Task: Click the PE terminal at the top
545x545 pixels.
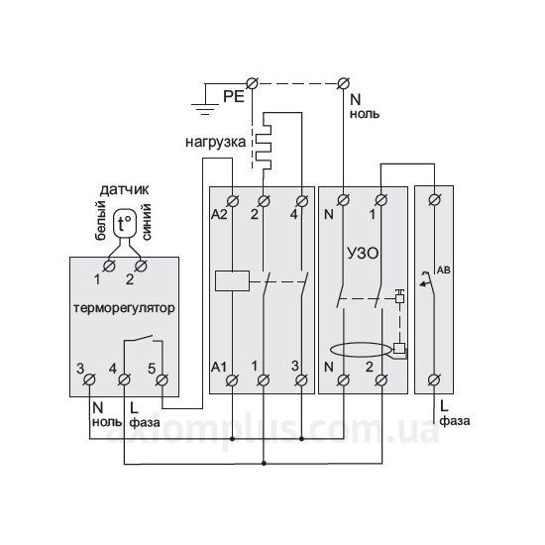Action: pyautogui.click(x=252, y=83)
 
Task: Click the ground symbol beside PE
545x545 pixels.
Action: pyautogui.click(x=205, y=109)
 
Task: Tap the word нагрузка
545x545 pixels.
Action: pyautogui.click(x=215, y=142)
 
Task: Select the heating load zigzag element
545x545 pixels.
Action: pyautogui.click(x=264, y=141)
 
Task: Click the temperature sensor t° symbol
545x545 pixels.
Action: pyautogui.click(x=125, y=224)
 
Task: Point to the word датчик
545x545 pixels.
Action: pyautogui.click(x=124, y=190)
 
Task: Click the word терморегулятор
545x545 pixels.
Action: pyautogui.click(x=124, y=308)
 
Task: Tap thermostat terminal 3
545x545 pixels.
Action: pyautogui.click(x=89, y=380)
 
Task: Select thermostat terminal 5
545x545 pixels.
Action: pyautogui.click(x=162, y=380)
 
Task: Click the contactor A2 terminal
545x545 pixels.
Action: pyautogui.click(x=232, y=201)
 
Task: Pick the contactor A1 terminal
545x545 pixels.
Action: pyautogui.click(x=232, y=381)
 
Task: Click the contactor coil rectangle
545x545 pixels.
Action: pyautogui.click(x=232, y=280)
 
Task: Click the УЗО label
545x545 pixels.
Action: pyautogui.click(x=363, y=254)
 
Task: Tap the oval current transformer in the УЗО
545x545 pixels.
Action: pyautogui.click(x=362, y=351)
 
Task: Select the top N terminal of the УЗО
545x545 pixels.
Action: pyautogui.click(x=344, y=200)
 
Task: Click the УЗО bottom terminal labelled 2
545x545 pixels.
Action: pyautogui.click(x=381, y=381)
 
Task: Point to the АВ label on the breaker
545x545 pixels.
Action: pyautogui.click(x=444, y=270)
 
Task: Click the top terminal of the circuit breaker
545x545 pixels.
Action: pyautogui.click(x=434, y=200)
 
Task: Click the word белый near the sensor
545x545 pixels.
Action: pyautogui.click(x=100, y=220)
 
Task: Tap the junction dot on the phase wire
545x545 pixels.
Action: pyautogui.click(x=264, y=464)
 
